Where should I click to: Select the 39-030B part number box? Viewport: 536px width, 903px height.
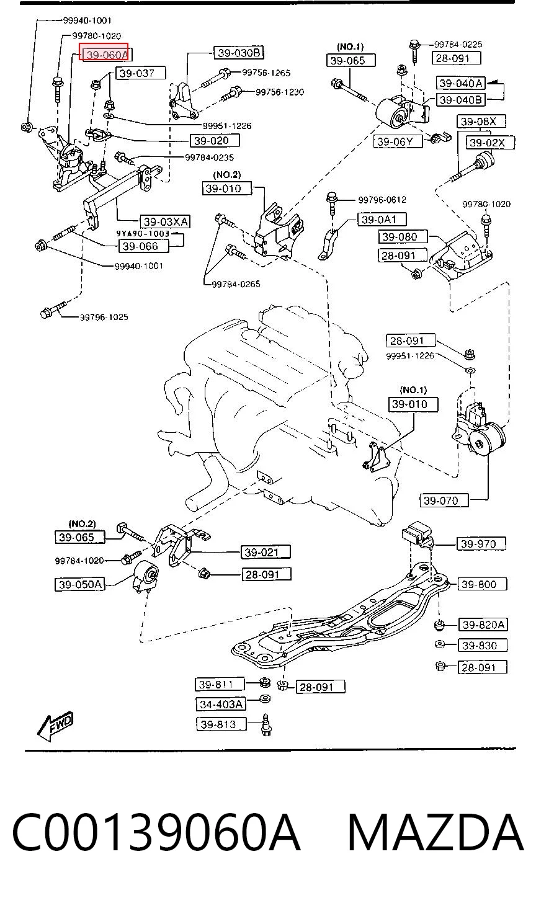238,52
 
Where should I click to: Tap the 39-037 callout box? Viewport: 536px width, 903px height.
141,73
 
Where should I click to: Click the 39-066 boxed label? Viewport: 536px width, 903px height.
143,246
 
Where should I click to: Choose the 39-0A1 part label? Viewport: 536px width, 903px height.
382,220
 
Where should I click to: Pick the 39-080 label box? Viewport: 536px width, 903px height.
402,237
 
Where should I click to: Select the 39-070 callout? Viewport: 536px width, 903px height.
444,500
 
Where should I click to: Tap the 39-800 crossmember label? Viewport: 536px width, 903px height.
482,584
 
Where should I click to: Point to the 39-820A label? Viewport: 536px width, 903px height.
483,625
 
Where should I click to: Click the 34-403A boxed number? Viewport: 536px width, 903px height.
221,704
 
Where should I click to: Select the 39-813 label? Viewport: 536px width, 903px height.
221,724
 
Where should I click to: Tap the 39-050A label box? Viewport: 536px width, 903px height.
79,584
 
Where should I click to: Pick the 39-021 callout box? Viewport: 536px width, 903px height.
266,552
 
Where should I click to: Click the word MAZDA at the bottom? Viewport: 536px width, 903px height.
435,832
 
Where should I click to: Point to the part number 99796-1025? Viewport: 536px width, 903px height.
104,318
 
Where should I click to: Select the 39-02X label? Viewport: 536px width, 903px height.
490,142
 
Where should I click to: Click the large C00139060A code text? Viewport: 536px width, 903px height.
156,832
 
